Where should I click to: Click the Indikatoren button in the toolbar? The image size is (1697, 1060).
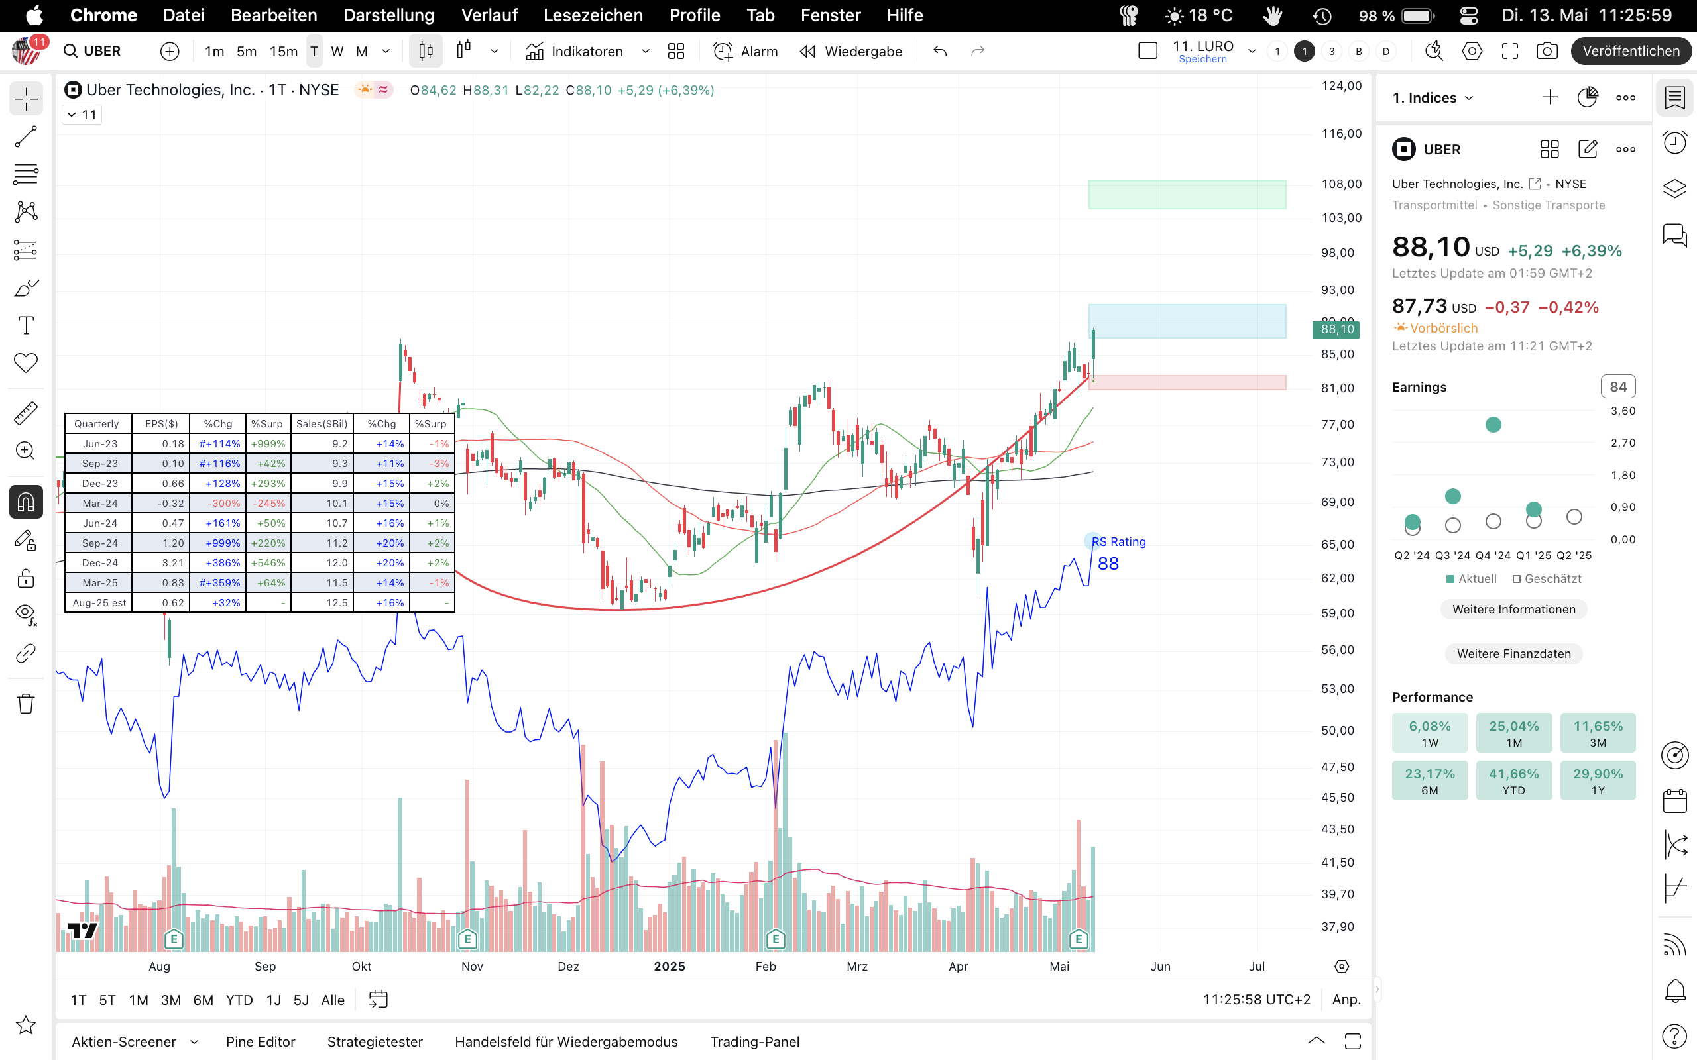point(574,51)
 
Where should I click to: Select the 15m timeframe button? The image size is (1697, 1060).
point(283,51)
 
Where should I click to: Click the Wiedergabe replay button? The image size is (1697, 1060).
point(850,51)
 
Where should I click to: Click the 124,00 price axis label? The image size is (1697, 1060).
point(1341,86)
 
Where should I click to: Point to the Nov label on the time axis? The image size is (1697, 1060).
point(472,966)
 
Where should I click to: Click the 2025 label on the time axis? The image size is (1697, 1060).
point(669,966)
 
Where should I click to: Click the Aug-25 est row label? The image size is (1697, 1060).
point(99,603)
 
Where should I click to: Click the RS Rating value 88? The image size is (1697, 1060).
point(1108,564)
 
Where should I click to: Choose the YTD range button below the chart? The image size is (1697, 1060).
point(239,1000)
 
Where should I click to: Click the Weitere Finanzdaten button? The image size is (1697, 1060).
point(1513,653)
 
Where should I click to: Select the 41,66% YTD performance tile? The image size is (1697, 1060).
point(1513,780)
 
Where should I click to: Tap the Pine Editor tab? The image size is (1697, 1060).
point(260,1041)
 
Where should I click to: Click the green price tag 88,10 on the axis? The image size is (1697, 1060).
point(1336,329)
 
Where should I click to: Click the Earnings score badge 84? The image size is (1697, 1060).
point(1617,387)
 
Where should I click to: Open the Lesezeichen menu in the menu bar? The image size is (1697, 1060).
point(593,15)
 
